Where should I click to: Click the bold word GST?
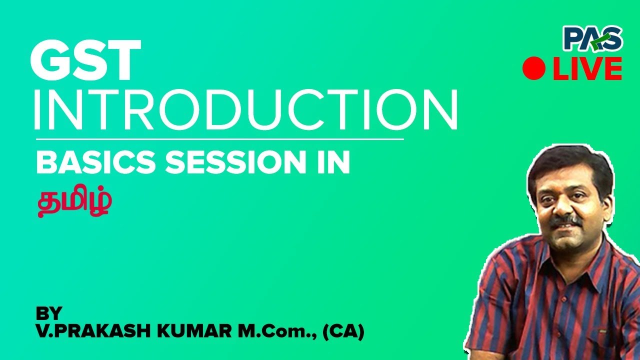click(85, 60)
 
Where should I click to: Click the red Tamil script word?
click(74, 201)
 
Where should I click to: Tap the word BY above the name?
click(49, 313)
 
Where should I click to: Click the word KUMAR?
click(194, 332)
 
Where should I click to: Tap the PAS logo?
click(592, 39)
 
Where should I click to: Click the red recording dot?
click(534, 68)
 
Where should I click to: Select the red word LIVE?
click(587, 68)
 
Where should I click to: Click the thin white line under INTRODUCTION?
click(219, 139)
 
